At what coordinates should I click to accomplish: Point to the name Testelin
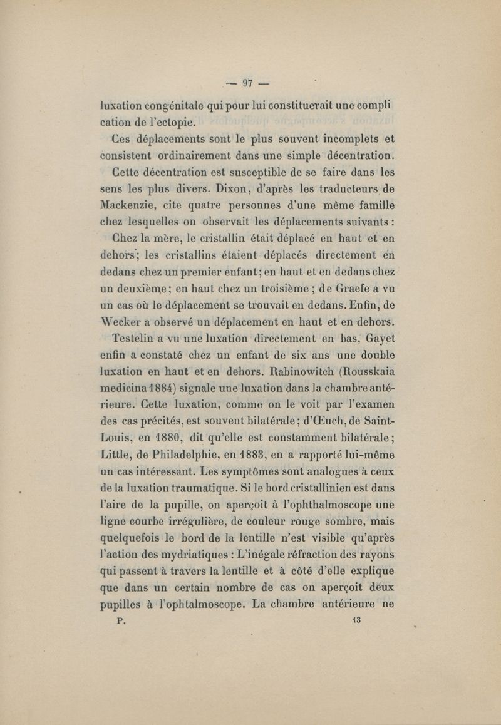tap(138, 340)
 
